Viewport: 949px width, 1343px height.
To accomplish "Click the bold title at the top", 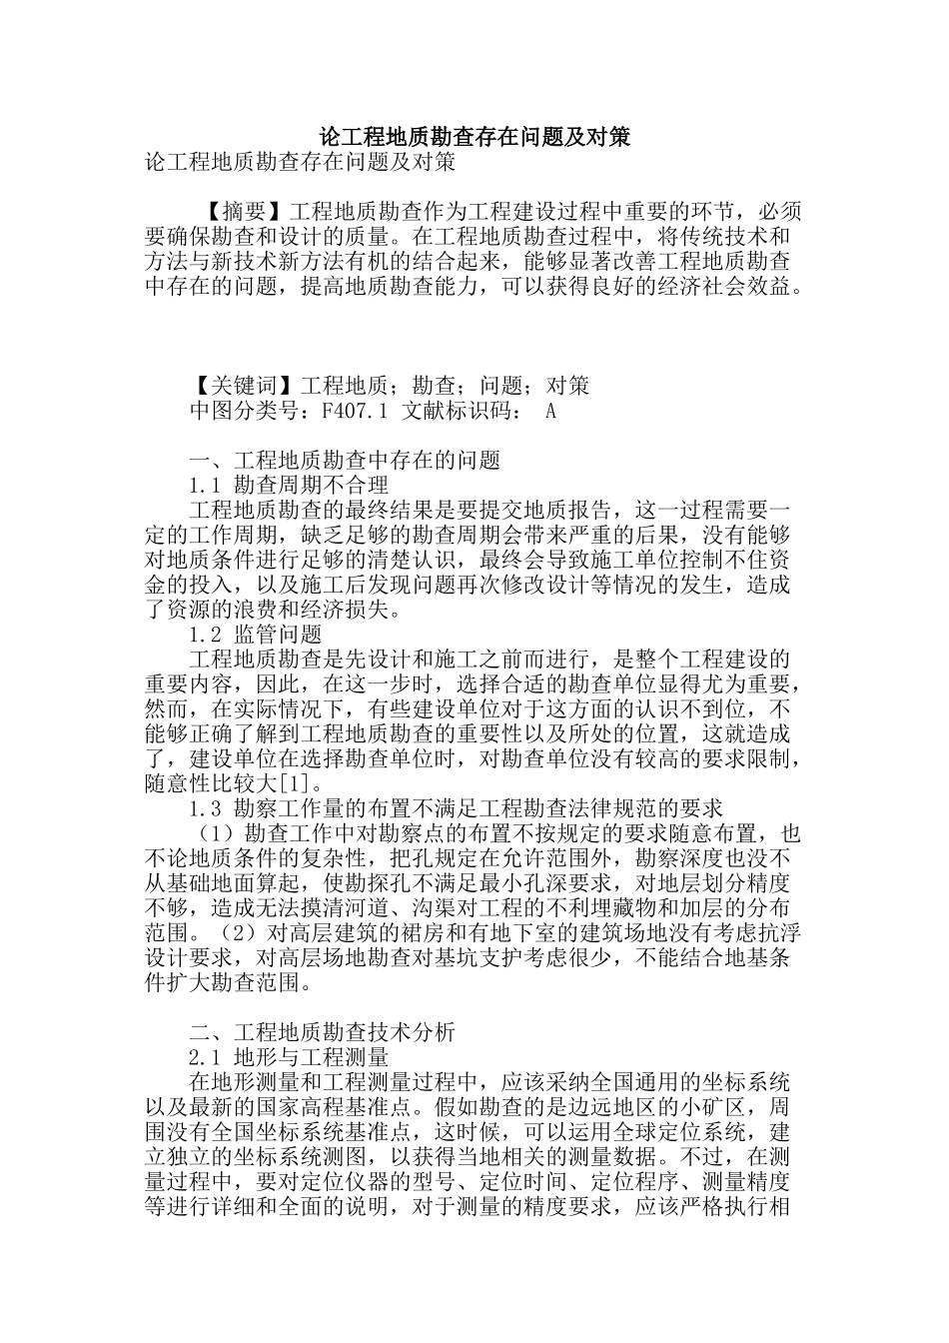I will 474,138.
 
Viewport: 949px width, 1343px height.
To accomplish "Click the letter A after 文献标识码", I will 550,411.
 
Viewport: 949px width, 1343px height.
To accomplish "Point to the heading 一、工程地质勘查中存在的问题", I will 344,461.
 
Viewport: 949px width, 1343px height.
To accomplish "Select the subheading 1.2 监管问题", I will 255,635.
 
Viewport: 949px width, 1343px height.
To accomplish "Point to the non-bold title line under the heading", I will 300,162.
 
